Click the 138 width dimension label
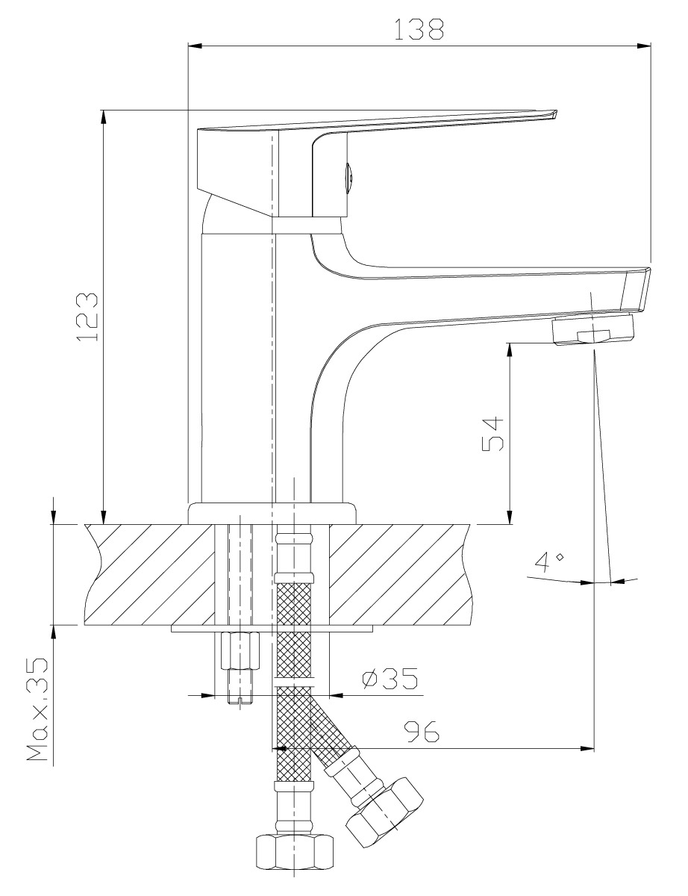click(419, 30)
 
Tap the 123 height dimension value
click(87, 317)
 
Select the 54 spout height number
click(492, 435)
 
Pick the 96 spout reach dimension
click(422, 732)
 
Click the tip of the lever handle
click(556, 112)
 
